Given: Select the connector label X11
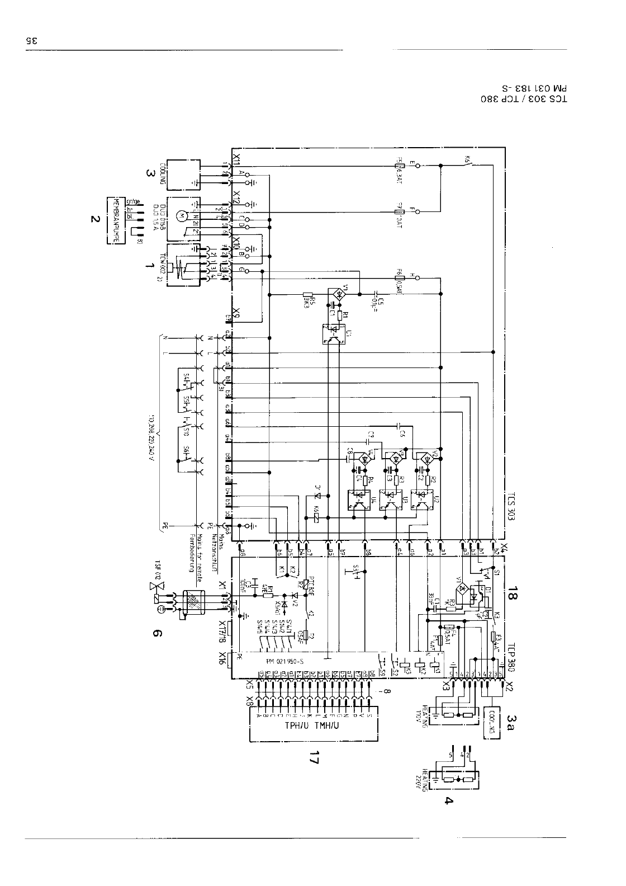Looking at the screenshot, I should [x=236, y=161].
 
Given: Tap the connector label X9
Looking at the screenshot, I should [x=236, y=313].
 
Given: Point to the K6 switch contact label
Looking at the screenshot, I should [x=467, y=159].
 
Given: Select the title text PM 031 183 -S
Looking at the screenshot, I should [x=534, y=88].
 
